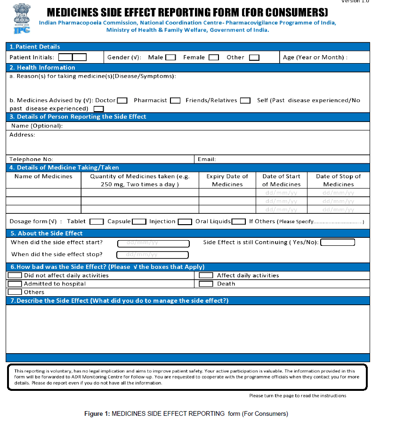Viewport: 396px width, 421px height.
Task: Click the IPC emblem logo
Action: tap(20, 18)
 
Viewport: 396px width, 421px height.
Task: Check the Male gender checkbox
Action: tap(170, 57)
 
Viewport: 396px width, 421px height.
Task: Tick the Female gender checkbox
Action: tap(214, 57)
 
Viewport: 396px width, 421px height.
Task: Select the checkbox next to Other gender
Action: tap(254, 57)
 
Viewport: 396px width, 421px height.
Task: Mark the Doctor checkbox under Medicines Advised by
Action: tap(122, 100)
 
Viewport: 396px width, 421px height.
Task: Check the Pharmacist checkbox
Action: tap(175, 100)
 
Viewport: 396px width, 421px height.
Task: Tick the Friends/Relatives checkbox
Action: tap(245, 100)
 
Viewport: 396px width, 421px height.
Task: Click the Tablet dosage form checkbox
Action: tap(97, 222)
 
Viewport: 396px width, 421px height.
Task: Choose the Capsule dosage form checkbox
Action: tap(139, 222)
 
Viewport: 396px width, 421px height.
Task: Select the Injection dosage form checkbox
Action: tap(185, 222)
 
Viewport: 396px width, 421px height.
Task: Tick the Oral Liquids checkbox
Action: tap(238, 222)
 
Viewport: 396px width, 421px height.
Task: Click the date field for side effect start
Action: tap(153, 243)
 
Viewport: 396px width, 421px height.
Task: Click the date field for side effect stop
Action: tap(153, 255)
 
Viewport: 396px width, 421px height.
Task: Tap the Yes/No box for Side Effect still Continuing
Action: tap(338, 243)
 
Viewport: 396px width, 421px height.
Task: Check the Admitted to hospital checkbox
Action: tap(15, 284)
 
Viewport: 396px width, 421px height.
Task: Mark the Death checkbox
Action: tap(206, 284)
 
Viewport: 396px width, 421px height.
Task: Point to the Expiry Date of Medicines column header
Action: tap(227, 180)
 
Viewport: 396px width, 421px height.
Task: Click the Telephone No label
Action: tap(31, 159)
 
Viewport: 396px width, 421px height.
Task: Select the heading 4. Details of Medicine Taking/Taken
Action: tap(65, 167)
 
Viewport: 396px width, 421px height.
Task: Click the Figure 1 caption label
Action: tap(186, 414)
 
